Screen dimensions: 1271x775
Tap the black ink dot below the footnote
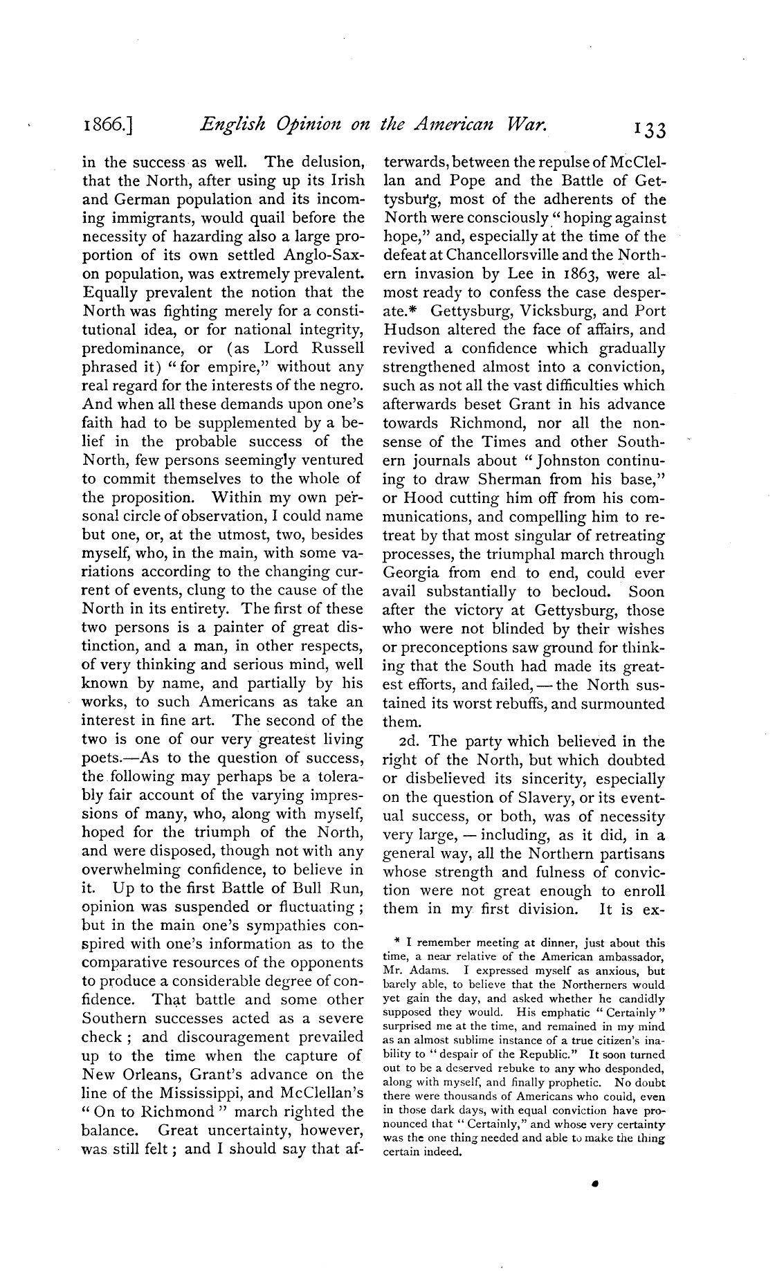point(594,1184)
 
